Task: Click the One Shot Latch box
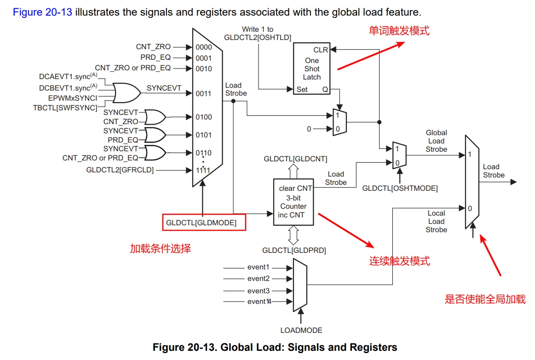(x=312, y=69)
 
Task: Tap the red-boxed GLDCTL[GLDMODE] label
(x=204, y=223)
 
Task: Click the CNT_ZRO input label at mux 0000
(x=153, y=47)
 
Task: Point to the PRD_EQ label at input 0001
(x=155, y=57)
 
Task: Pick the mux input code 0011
(x=203, y=94)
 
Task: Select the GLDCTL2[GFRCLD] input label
(x=120, y=170)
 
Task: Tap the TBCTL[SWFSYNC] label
(x=65, y=108)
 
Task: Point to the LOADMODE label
(x=301, y=330)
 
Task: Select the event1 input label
(x=258, y=267)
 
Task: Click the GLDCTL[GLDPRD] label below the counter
(x=294, y=251)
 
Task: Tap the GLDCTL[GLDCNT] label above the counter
(x=295, y=159)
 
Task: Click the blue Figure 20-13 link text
(x=42, y=12)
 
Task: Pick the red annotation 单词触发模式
(x=399, y=31)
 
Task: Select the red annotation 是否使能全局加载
(x=485, y=299)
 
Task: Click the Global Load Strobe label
(x=436, y=141)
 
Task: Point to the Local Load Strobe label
(x=436, y=221)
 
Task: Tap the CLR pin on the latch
(x=321, y=50)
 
